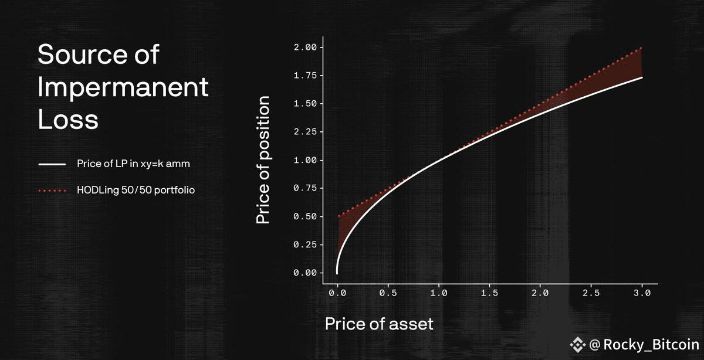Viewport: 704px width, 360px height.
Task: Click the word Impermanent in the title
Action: (123, 88)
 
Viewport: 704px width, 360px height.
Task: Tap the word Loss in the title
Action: (68, 120)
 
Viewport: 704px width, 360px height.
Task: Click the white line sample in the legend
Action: (52, 164)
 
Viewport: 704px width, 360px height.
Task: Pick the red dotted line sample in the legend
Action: (52, 191)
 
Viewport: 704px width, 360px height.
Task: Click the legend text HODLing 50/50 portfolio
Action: (136, 190)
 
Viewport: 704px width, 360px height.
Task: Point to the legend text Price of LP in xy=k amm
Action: (134, 164)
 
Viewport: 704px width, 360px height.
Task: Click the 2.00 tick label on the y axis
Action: (305, 47)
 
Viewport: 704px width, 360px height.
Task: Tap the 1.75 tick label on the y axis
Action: (305, 76)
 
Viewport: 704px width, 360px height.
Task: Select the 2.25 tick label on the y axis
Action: (305, 131)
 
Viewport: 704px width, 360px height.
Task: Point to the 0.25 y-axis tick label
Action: (305, 244)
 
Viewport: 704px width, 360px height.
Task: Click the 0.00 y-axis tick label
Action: (305, 273)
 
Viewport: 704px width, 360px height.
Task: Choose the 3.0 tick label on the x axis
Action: (642, 293)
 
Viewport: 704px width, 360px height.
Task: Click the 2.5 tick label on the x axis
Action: (591, 293)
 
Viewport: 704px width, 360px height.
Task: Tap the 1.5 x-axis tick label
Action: (489, 293)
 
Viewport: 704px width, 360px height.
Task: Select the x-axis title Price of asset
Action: (379, 324)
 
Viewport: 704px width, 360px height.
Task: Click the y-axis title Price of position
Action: (263, 160)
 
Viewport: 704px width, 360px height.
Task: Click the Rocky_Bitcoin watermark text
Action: (651, 345)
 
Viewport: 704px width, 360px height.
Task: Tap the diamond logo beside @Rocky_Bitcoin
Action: (578, 345)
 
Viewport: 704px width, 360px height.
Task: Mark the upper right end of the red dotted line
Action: (641, 48)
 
